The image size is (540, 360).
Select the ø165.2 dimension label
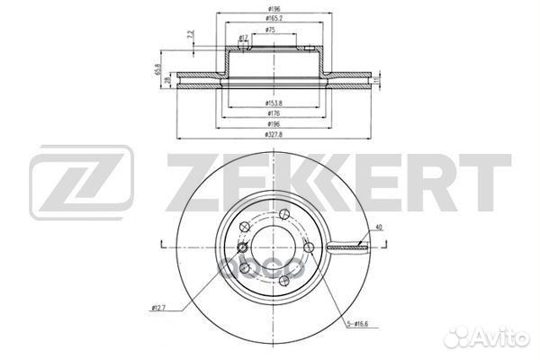click(271, 17)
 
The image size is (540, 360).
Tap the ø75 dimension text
click(270, 30)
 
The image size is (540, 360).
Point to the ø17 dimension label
click(243, 38)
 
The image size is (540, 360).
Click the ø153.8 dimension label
click(270, 104)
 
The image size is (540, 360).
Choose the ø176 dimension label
click(270, 113)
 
